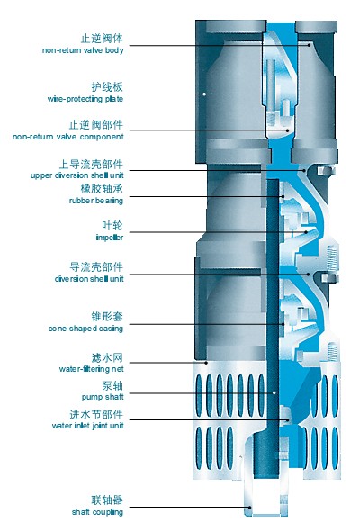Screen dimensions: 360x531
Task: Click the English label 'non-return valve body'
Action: [x=83, y=50]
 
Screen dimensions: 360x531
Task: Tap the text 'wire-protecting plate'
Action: [x=85, y=99]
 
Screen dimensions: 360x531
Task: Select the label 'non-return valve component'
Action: [x=68, y=137]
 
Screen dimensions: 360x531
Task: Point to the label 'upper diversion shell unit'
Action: [x=76, y=175]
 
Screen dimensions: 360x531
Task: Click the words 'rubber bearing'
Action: [x=96, y=201]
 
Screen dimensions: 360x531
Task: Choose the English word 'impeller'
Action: [x=110, y=238]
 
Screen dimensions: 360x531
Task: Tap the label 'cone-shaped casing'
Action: [x=85, y=328]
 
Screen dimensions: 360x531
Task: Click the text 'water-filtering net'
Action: [x=92, y=369]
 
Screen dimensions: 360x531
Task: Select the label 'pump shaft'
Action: [x=103, y=397]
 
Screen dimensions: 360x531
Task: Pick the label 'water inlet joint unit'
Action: [x=87, y=426]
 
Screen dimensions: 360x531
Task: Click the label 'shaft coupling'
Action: [x=97, y=512]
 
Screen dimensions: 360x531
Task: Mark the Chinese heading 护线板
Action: [x=107, y=87]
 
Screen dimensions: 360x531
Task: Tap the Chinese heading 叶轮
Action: [x=112, y=226]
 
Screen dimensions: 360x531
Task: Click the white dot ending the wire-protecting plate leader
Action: [x=204, y=94]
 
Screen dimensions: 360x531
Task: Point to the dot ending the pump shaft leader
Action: [x=274, y=392]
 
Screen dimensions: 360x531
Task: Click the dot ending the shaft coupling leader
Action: [x=250, y=507]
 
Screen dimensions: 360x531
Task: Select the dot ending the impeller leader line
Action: [x=306, y=232]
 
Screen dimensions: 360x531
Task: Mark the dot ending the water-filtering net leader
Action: [x=206, y=363]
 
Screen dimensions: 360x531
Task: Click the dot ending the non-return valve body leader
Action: [x=309, y=45]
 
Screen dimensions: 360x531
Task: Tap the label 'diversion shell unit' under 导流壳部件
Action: [x=89, y=279]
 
